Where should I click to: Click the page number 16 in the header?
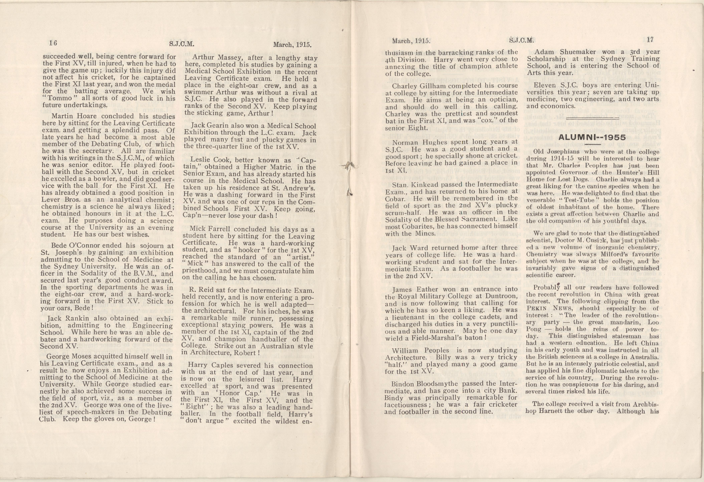point(53,43)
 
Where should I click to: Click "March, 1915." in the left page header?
point(292,45)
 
